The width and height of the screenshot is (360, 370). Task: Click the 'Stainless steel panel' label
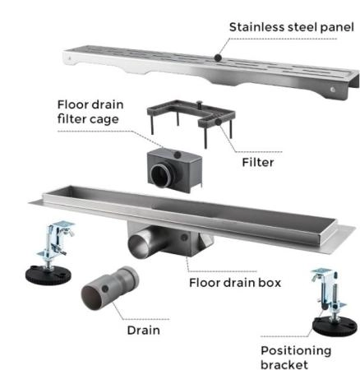292,27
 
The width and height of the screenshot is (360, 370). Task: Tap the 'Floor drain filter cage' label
90,112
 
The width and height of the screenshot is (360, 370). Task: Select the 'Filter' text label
258,162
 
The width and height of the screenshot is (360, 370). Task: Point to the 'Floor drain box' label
235,283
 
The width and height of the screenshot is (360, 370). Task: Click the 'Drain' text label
144,330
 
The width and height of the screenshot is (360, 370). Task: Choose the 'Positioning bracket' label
296,358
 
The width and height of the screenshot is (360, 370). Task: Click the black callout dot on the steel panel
218,58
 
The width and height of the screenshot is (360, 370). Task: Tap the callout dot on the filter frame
219,122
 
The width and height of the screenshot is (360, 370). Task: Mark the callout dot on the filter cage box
178,155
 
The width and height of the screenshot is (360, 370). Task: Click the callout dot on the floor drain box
184,238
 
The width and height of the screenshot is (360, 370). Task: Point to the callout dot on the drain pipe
104,289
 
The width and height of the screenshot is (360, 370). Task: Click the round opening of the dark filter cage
161,175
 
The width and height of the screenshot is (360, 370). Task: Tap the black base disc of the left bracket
48,274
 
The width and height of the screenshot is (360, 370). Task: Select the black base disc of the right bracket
335,326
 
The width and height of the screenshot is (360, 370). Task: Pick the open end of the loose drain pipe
92,297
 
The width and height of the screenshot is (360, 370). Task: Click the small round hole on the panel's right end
333,90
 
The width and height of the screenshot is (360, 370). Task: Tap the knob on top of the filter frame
200,104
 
